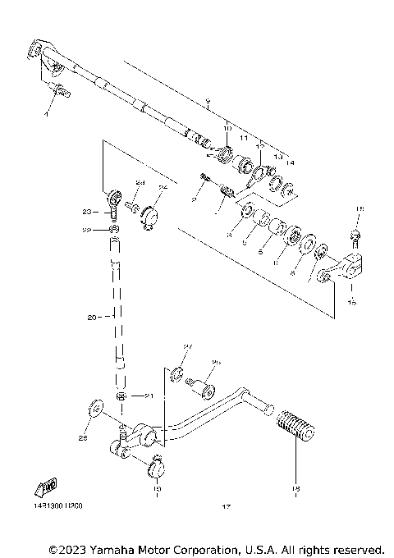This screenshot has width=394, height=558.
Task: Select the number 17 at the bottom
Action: pos(226,506)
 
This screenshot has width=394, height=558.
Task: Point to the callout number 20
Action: pos(91,316)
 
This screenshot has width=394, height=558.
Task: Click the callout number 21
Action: pos(149,396)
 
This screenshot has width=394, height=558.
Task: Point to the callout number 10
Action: pos(227,128)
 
